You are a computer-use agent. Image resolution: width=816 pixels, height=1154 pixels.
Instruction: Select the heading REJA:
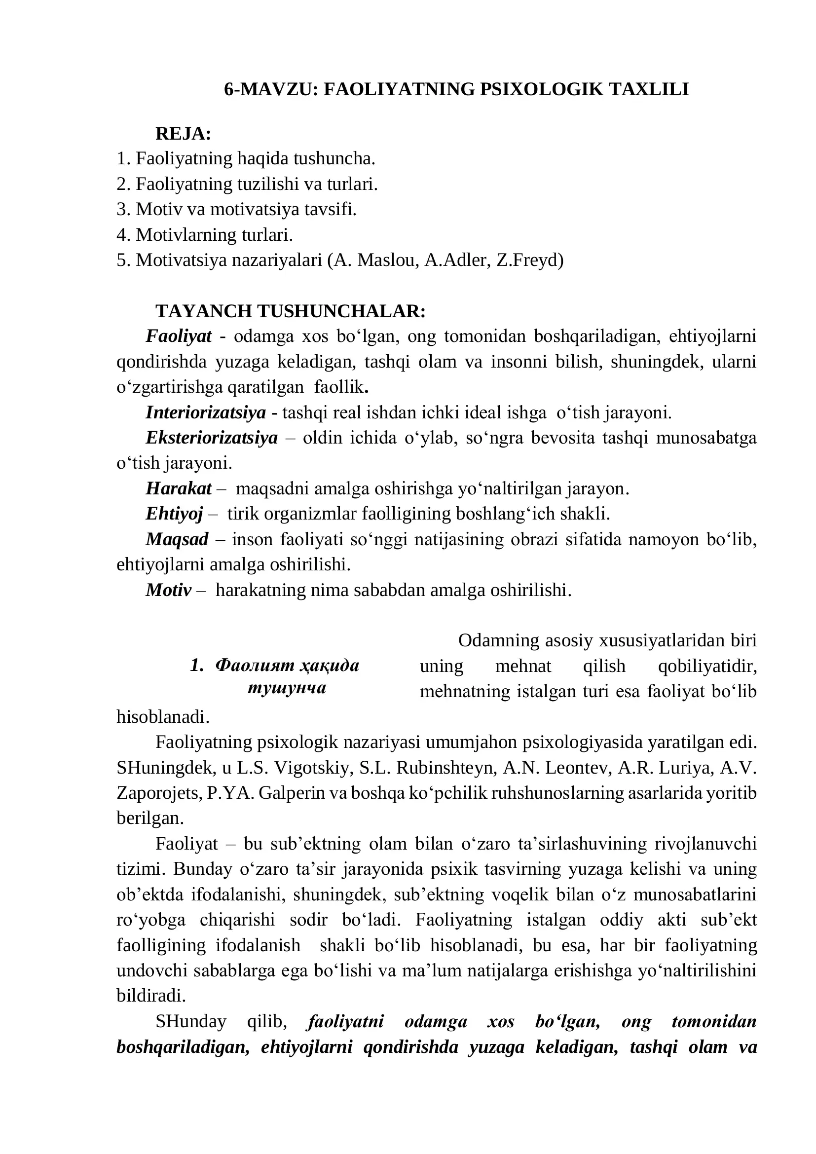183,134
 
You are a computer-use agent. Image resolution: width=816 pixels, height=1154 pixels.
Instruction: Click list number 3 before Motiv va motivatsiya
122,210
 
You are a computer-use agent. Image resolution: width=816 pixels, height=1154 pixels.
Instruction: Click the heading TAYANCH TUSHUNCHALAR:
291,311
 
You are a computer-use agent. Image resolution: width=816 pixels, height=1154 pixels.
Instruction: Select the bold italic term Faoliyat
179,336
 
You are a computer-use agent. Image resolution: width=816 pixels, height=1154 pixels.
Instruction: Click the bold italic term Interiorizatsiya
206,412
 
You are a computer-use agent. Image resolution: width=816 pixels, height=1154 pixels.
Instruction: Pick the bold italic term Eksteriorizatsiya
212,438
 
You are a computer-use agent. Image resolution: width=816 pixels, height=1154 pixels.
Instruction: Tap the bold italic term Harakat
179,488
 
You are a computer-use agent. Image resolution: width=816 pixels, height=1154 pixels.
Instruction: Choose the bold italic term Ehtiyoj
174,514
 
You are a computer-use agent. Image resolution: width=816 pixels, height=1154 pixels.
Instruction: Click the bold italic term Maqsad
177,539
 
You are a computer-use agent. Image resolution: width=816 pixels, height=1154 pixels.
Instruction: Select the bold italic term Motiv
168,590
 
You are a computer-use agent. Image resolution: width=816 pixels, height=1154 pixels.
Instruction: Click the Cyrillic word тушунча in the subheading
287,688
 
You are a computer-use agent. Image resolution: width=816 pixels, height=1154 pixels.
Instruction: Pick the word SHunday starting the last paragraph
191,1021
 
